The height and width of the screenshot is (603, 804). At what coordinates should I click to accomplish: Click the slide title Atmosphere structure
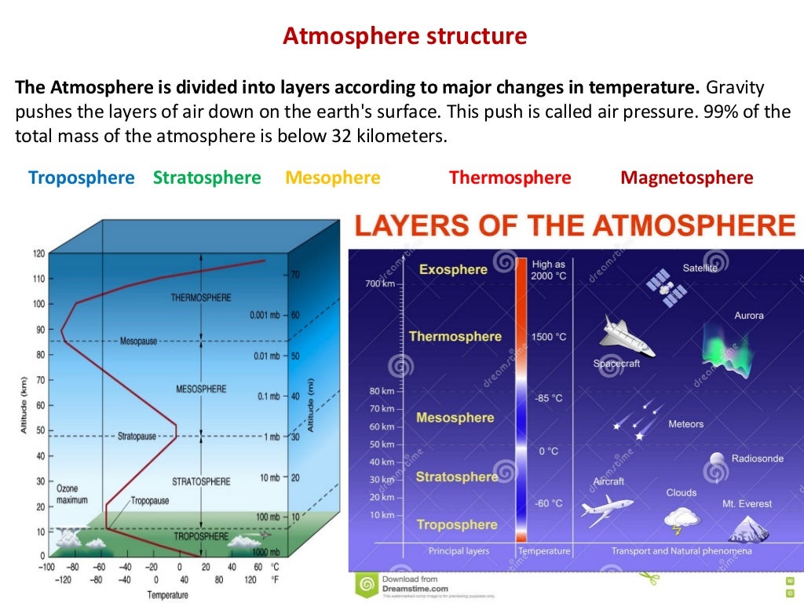[405, 36]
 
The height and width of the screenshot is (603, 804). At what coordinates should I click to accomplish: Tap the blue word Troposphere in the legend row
[82, 177]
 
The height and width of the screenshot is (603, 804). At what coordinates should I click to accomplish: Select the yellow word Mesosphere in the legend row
[333, 177]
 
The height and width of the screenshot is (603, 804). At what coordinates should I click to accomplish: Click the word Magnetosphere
[686, 177]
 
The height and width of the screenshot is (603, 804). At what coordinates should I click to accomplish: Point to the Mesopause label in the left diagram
[141, 342]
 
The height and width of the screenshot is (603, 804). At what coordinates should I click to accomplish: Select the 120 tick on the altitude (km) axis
[38, 254]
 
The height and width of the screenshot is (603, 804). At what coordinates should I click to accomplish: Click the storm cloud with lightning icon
[682, 519]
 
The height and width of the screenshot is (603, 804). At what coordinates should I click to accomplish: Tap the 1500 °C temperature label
[548, 337]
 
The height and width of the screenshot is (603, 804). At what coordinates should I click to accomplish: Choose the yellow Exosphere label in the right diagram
[453, 269]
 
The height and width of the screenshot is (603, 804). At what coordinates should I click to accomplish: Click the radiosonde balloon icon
[717, 461]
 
